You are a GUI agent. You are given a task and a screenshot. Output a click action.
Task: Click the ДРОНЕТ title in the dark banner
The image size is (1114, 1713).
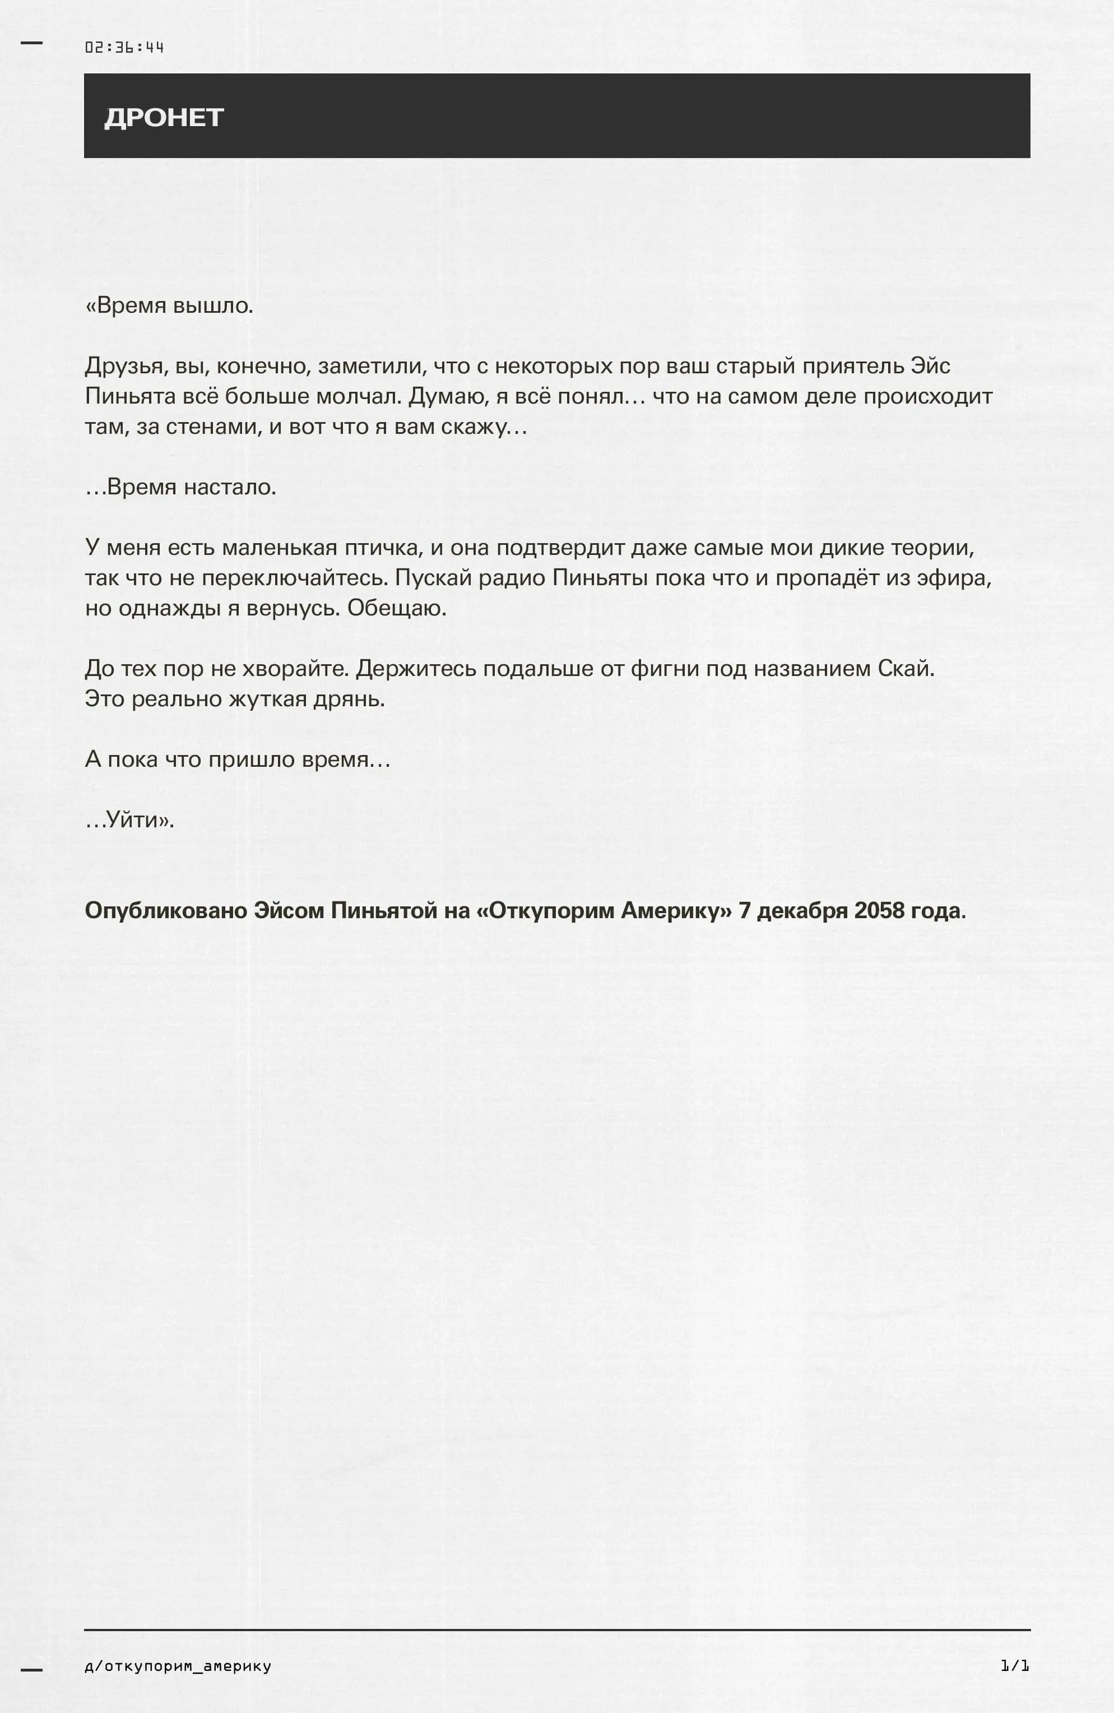click(x=164, y=117)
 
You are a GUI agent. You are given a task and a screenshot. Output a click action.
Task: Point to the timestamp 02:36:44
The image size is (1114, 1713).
click(x=124, y=48)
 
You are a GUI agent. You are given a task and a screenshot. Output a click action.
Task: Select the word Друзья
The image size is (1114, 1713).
click(x=126, y=367)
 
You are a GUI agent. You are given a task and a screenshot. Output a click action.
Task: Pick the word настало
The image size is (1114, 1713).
click(x=230, y=487)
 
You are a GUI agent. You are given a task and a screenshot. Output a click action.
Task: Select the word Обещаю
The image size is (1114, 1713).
click(x=397, y=608)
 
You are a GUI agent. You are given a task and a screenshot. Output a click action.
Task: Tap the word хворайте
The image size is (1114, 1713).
click(x=296, y=669)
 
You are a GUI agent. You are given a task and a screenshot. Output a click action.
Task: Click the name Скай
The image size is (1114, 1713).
click(x=906, y=669)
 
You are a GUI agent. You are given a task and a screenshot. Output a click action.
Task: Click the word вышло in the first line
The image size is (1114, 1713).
click(x=213, y=306)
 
